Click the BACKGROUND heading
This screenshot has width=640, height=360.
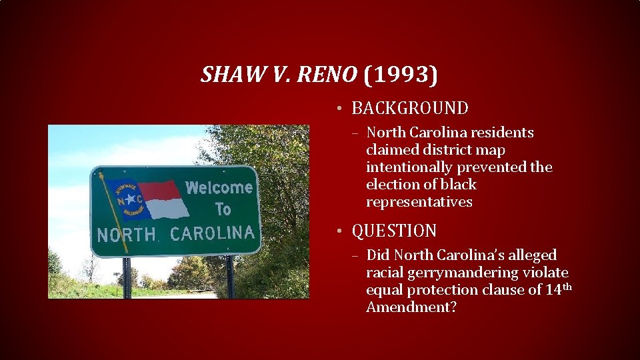click(x=410, y=108)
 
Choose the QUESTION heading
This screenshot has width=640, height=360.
click(x=394, y=231)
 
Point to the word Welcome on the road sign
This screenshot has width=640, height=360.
click(x=219, y=188)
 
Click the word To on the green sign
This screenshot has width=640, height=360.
click(x=223, y=209)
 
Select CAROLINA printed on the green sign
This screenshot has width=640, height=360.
click(x=212, y=233)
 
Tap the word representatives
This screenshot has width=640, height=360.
click(x=419, y=202)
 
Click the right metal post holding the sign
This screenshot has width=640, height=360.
click(x=230, y=276)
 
